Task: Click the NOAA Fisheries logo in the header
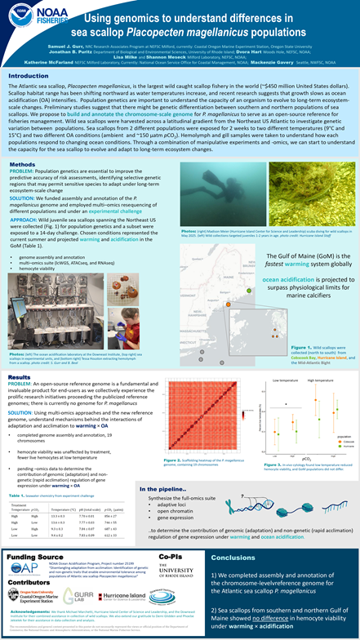tap(32, 16)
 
